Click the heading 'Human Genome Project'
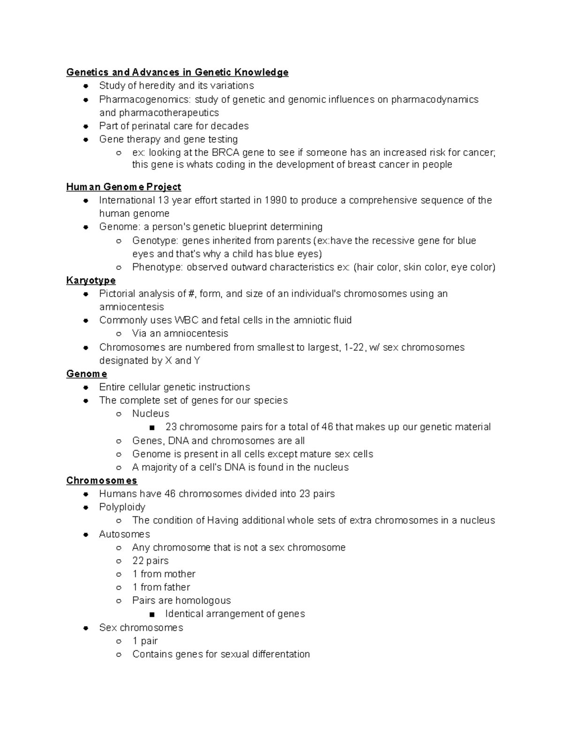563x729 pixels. (x=123, y=187)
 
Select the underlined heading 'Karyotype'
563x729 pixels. (x=91, y=280)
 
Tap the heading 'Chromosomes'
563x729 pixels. (x=102, y=480)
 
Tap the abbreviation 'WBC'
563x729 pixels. (x=186, y=320)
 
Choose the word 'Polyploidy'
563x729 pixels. (x=122, y=507)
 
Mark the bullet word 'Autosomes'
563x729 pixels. (x=124, y=534)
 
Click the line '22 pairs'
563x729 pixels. (x=150, y=560)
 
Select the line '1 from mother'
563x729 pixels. (x=164, y=574)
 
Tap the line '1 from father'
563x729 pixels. (x=161, y=587)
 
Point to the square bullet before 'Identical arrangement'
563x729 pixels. (x=152, y=614)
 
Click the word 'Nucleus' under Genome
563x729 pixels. (x=151, y=414)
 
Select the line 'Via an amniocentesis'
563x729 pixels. (x=180, y=333)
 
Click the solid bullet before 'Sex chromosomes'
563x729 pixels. (x=86, y=628)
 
